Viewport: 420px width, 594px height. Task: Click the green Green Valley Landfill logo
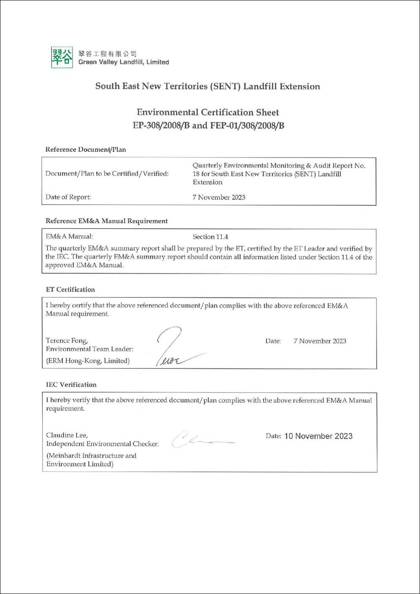click(x=62, y=57)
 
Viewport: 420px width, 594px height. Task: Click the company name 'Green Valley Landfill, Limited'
click(x=123, y=62)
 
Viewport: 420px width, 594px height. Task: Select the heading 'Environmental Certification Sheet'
click(x=208, y=112)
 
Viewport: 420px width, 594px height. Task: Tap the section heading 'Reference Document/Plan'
click(x=86, y=150)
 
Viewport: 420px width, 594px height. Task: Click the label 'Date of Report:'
click(x=68, y=197)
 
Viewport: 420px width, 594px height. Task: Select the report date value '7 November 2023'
click(x=219, y=197)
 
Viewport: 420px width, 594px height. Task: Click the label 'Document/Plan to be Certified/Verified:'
click(x=107, y=174)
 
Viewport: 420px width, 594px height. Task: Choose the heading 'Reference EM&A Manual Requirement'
click(x=106, y=221)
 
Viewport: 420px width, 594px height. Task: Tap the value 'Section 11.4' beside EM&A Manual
click(x=210, y=237)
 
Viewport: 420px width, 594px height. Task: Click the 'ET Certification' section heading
click(x=70, y=289)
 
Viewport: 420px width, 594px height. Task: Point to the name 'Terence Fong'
click(x=67, y=341)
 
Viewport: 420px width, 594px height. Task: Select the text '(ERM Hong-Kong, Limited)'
click(x=88, y=361)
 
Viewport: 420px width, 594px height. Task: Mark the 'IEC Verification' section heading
click(x=71, y=384)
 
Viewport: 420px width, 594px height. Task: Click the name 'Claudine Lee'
click(x=67, y=435)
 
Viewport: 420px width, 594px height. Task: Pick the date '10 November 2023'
click(x=318, y=436)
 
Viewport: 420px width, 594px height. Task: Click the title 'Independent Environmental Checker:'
click(x=103, y=444)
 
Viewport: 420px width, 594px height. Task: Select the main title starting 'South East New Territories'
click(x=208, y=86)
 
